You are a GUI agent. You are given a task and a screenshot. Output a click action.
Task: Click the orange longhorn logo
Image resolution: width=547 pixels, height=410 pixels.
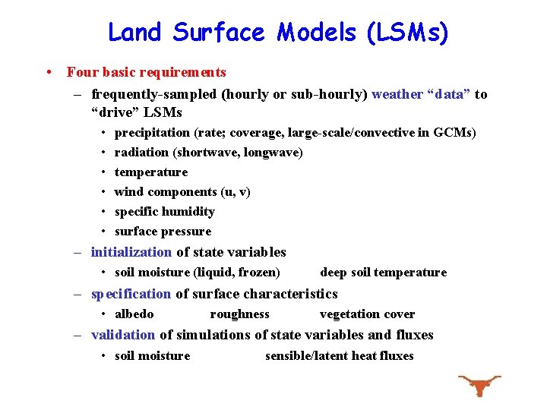tap(479, 384)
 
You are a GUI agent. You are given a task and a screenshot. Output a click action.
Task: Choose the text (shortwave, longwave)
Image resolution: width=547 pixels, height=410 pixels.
tap(238, 153)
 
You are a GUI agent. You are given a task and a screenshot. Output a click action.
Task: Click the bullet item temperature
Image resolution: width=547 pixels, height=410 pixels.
tap(151, 172)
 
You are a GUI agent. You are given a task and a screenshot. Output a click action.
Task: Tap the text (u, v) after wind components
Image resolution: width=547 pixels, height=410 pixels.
tap(236, 192)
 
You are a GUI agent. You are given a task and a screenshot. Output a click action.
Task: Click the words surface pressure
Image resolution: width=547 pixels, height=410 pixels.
tap(163, 232)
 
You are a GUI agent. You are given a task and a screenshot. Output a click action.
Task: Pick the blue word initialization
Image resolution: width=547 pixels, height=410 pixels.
tap(131, 252)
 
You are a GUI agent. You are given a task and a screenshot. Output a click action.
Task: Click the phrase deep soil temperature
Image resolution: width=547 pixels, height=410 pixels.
tap(383, 273)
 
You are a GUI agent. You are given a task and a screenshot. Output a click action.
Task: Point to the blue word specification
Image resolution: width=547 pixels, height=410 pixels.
tap(131, 294)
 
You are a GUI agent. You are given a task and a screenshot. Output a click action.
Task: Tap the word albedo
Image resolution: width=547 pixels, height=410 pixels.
tap(134, 314)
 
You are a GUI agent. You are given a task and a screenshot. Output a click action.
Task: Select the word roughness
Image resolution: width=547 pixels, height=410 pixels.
tap(239, 314)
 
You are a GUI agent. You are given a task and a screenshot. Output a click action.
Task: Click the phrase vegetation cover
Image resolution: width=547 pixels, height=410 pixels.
tap(367, 314)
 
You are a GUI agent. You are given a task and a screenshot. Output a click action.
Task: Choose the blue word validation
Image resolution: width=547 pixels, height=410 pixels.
tap(123, 335)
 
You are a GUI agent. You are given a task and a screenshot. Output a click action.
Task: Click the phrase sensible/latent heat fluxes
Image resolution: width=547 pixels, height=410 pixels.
tap(339, 356)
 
